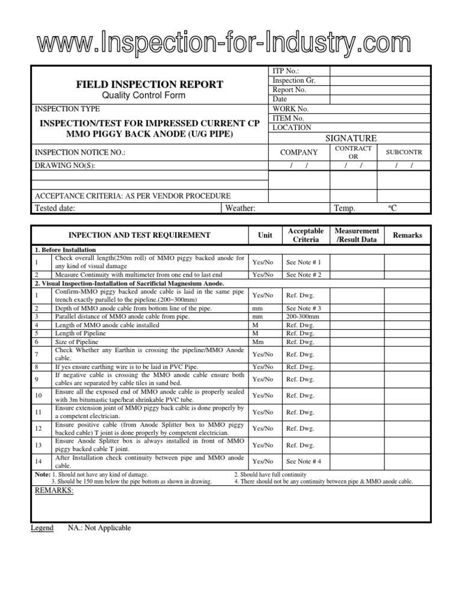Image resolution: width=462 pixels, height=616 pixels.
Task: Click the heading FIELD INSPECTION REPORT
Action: point(149,84)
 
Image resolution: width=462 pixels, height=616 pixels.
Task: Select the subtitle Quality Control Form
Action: point(150,95)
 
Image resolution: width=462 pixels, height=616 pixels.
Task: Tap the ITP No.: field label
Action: point(286,71)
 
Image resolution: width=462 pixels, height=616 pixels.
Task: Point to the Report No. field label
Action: point(289,90)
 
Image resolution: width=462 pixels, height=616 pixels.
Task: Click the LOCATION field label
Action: point(292,128)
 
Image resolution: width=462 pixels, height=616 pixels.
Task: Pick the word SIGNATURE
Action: point(351,138)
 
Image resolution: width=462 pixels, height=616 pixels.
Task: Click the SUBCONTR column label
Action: point(404,153)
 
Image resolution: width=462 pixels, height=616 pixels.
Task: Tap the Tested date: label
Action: point(56,208)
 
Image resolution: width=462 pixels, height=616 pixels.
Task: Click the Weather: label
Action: point(241,208)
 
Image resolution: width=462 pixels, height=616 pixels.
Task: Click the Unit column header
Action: point(265,236)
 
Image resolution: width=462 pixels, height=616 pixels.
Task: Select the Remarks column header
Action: point(407,235)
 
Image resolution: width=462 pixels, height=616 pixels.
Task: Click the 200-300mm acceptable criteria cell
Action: point(303,316)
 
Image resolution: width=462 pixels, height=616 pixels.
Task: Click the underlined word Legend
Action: point(42,528)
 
